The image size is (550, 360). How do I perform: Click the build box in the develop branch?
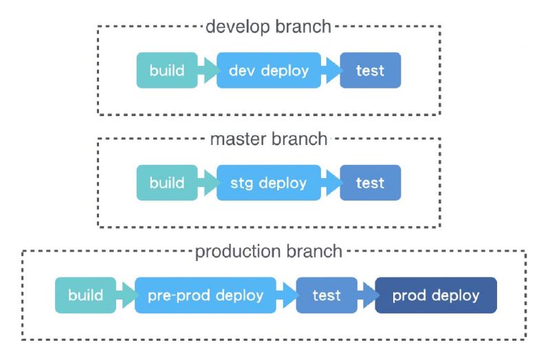(x=167, y=70)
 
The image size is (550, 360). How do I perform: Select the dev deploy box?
(x=269, y=70)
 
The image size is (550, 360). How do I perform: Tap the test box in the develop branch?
(x=370, y=70)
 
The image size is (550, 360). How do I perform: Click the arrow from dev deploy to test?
(x=331, y=70)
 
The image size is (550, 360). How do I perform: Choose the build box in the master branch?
(x=167, y=183)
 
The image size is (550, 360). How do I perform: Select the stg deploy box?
(x=269, y=183)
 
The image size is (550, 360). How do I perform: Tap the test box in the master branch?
(x=370, y=183)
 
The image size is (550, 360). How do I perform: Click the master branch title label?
(x=268, y=139)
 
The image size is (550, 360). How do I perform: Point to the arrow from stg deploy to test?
(x=331, y=183)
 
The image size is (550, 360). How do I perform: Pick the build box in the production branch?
(x=85, y=295)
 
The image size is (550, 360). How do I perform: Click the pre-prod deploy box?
(x=205, y=295)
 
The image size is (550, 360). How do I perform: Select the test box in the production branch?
(x=327, y=295)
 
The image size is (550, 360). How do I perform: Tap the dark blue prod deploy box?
(x=435, y=295)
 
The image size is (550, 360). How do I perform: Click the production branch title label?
(x=268, y=251)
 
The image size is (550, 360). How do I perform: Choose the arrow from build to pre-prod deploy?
(x=126, y=295)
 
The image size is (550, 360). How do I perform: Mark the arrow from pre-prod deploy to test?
(x=287, y=295)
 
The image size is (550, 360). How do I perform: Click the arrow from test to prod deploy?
(x=366, y=295)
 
